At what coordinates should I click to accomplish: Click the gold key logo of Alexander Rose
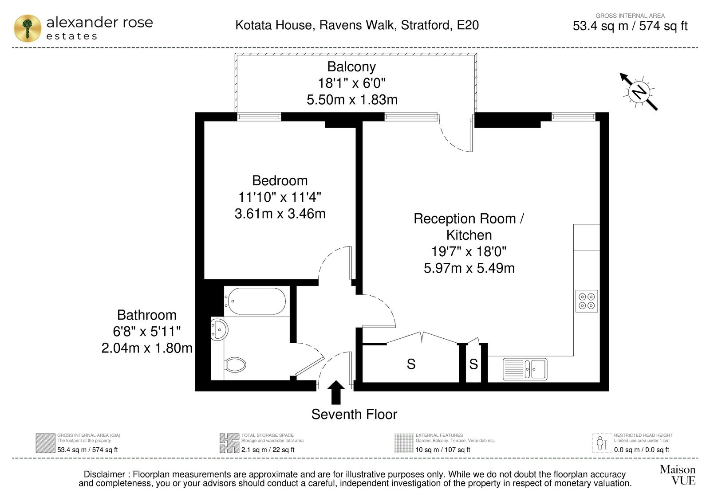(28, 28)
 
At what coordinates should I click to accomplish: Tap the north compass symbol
(639, 92)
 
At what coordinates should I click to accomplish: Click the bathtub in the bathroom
(256, 301)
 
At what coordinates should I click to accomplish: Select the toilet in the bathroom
(235, 365)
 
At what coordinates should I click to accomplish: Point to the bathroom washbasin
(219, 330)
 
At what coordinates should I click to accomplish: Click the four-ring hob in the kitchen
(586, 301)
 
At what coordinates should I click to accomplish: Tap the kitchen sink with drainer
(525, 369)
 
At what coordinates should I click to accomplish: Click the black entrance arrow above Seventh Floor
(335, 392)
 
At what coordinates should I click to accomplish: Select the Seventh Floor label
(354, 414)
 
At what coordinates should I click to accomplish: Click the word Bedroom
(280, 180)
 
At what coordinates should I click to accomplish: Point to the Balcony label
(351, 67)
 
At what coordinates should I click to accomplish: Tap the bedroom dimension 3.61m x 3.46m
(280, 214)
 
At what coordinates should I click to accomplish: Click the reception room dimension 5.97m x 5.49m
(469, 268)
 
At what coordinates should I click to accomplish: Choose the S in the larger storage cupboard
(411, 364)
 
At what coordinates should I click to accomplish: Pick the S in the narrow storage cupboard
(473, 364)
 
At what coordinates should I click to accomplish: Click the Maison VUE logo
(678, 475)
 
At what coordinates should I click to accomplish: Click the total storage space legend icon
(229, 443)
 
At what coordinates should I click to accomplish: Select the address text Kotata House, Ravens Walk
(316, 25)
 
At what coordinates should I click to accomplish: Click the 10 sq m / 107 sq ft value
(443, 450)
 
